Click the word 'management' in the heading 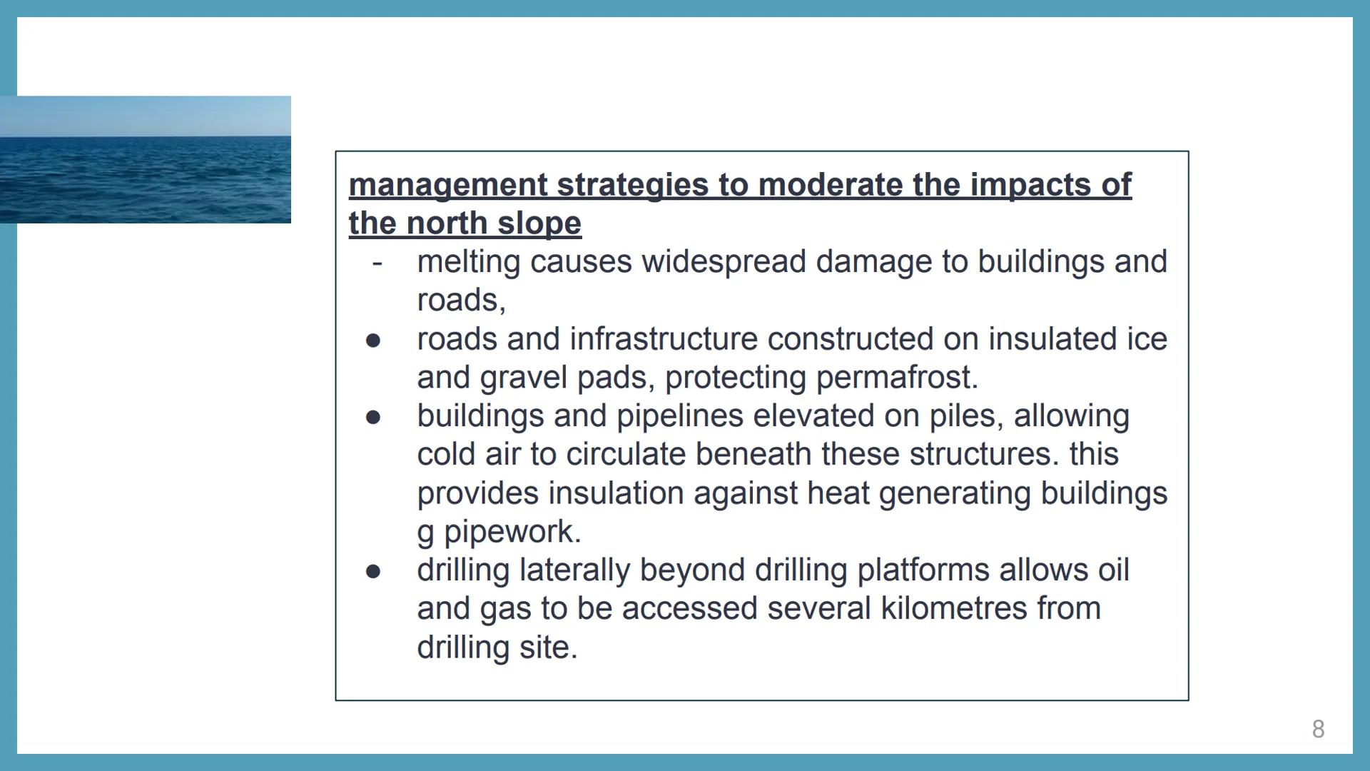point(448,186)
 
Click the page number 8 point(1318,729)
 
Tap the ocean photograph point(146,160)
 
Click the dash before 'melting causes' point(377,263)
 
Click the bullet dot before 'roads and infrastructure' point(373,341)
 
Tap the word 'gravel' point(524,378)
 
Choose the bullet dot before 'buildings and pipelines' point(373,417)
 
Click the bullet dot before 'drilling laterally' point(373,571)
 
